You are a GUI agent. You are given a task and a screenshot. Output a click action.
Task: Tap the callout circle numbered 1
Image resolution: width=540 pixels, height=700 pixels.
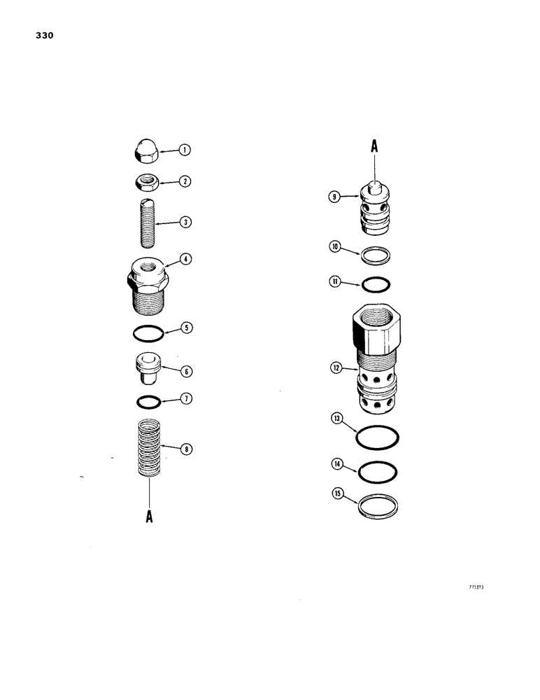click(x=185, y=149)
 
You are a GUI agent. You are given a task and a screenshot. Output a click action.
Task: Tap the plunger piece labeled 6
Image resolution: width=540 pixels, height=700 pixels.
click(x=147, y=368)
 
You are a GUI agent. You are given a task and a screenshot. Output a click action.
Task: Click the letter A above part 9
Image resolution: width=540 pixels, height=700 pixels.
click(x=374, y=146)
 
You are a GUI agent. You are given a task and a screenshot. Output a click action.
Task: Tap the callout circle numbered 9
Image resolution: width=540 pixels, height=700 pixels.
click(x=335, y=197)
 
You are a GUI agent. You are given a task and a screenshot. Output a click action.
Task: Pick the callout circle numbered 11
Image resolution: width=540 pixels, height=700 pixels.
click(x=335, y=282)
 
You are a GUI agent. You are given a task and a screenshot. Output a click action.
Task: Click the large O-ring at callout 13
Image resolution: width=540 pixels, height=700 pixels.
click(x=378, y=438)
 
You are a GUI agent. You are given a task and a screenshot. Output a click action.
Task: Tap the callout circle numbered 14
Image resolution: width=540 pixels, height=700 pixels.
click(x=337, y=464)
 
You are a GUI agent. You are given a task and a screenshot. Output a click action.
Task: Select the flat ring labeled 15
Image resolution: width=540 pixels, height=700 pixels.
click(x=378, y=505)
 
